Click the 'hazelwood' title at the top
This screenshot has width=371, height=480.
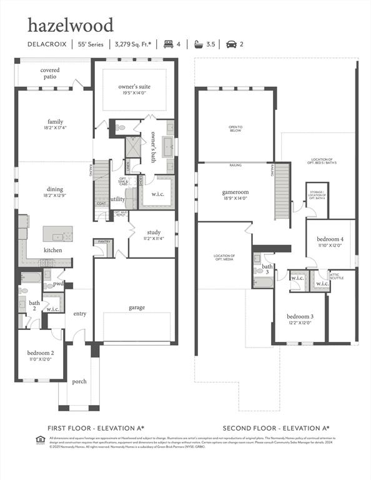pos(71,25)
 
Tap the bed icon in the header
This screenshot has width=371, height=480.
pos(168,44)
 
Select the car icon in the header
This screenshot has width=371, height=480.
pos(231,44)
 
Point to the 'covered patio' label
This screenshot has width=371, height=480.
pos(50,73)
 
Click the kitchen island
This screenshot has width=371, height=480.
pos(57,234)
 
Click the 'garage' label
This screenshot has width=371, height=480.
pos(137,307)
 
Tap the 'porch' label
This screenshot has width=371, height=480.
pos(79,381)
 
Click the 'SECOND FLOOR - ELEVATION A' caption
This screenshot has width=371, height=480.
pos(276,428)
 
